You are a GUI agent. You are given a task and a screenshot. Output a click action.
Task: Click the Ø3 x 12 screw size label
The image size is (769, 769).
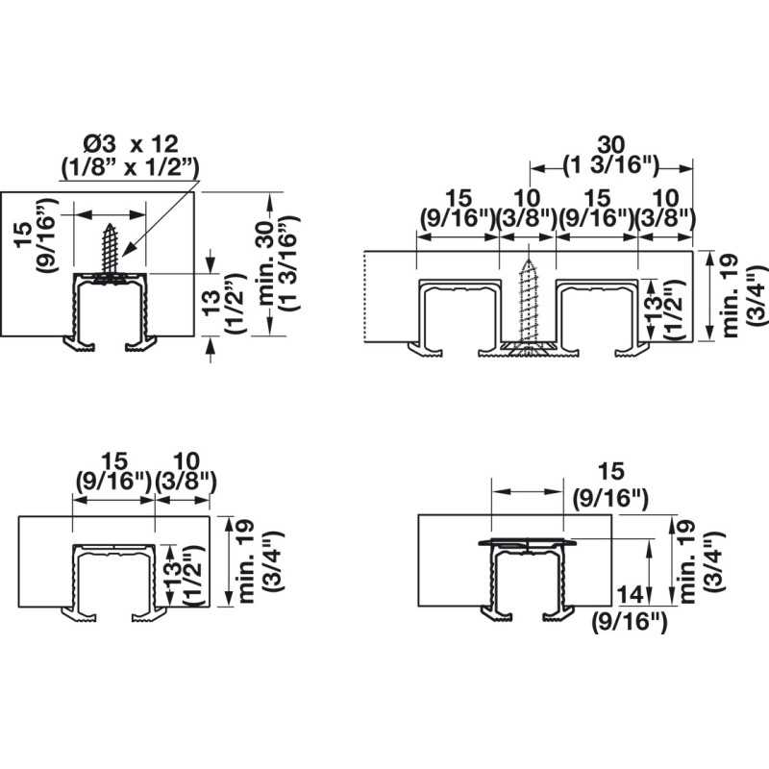click(131, 144)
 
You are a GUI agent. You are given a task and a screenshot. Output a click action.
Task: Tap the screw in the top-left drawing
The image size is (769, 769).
click(111, 253)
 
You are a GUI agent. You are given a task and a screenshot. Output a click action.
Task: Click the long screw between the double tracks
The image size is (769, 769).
click(528, 305)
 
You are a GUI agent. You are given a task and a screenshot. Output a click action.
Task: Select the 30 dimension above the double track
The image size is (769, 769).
click(611, 146)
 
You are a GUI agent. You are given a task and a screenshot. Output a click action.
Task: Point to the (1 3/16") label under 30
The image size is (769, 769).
click(611, 166)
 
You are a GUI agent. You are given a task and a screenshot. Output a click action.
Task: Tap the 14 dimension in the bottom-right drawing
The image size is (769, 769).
click(630, 595)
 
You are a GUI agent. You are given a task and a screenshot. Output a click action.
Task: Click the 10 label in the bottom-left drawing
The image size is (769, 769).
click(186, 461)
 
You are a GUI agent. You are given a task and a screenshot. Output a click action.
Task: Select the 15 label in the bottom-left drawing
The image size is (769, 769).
click(113, 461)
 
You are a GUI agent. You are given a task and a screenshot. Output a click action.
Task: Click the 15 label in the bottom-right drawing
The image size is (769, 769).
click(611, 471)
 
